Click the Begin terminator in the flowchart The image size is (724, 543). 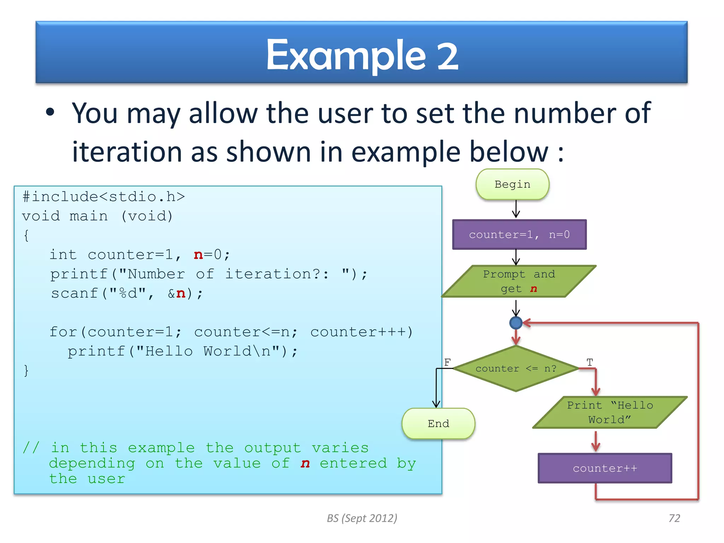coord(512,184)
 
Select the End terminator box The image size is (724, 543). coord(438,424)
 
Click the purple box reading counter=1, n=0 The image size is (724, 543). coord(519,235)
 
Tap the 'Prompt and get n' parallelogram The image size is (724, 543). coord(519,281)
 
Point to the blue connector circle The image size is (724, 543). coord(516,323)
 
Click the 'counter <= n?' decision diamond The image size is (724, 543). coord(516,369)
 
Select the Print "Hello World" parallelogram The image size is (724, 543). coord(610,413)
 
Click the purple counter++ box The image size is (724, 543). coord(605,468)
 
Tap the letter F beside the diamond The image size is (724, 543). coord(447,362)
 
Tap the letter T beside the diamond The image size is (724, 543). coord(590,362)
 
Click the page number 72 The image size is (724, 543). coord(674,518)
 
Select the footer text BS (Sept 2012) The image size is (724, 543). coord(362,518)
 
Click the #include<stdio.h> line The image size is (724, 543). coord(104,197)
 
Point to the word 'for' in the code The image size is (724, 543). coord(63,332)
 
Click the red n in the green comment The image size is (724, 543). coord(305,463)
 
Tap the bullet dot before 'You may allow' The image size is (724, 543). coord(50,112)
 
